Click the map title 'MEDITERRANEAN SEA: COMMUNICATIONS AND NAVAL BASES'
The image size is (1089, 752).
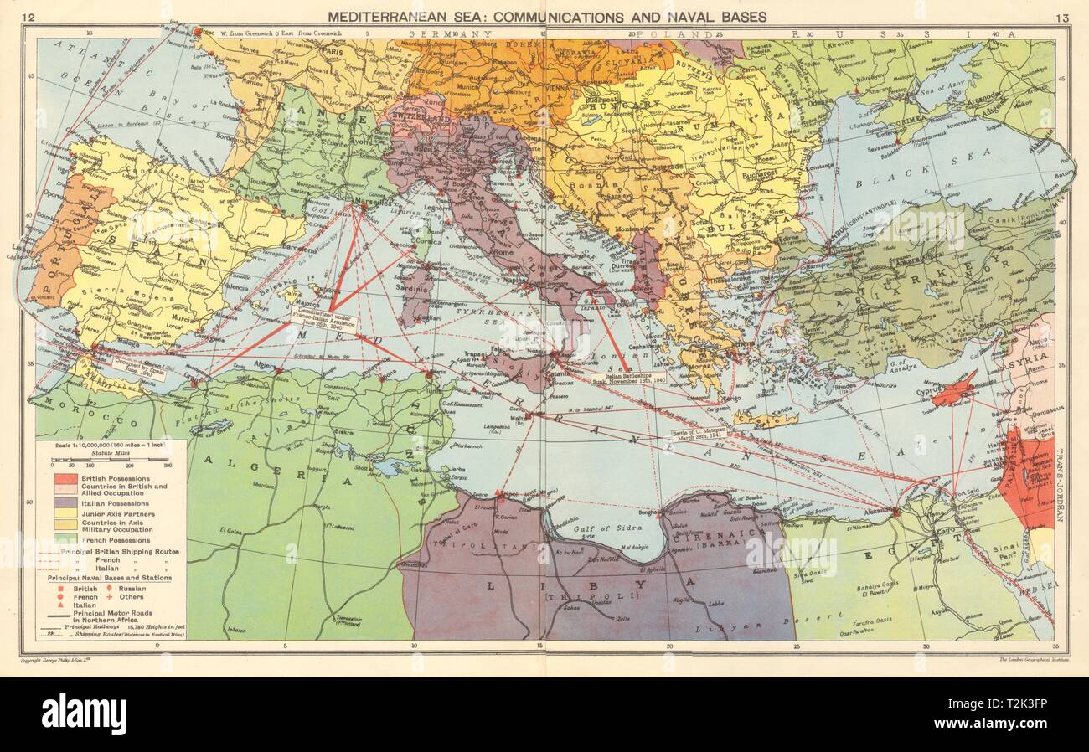coord(546,16)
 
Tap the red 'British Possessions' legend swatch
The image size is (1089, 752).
coord(66,477)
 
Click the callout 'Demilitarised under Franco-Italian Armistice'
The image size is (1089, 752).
coord(325,317)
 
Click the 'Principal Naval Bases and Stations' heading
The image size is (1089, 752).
coord(111,577)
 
